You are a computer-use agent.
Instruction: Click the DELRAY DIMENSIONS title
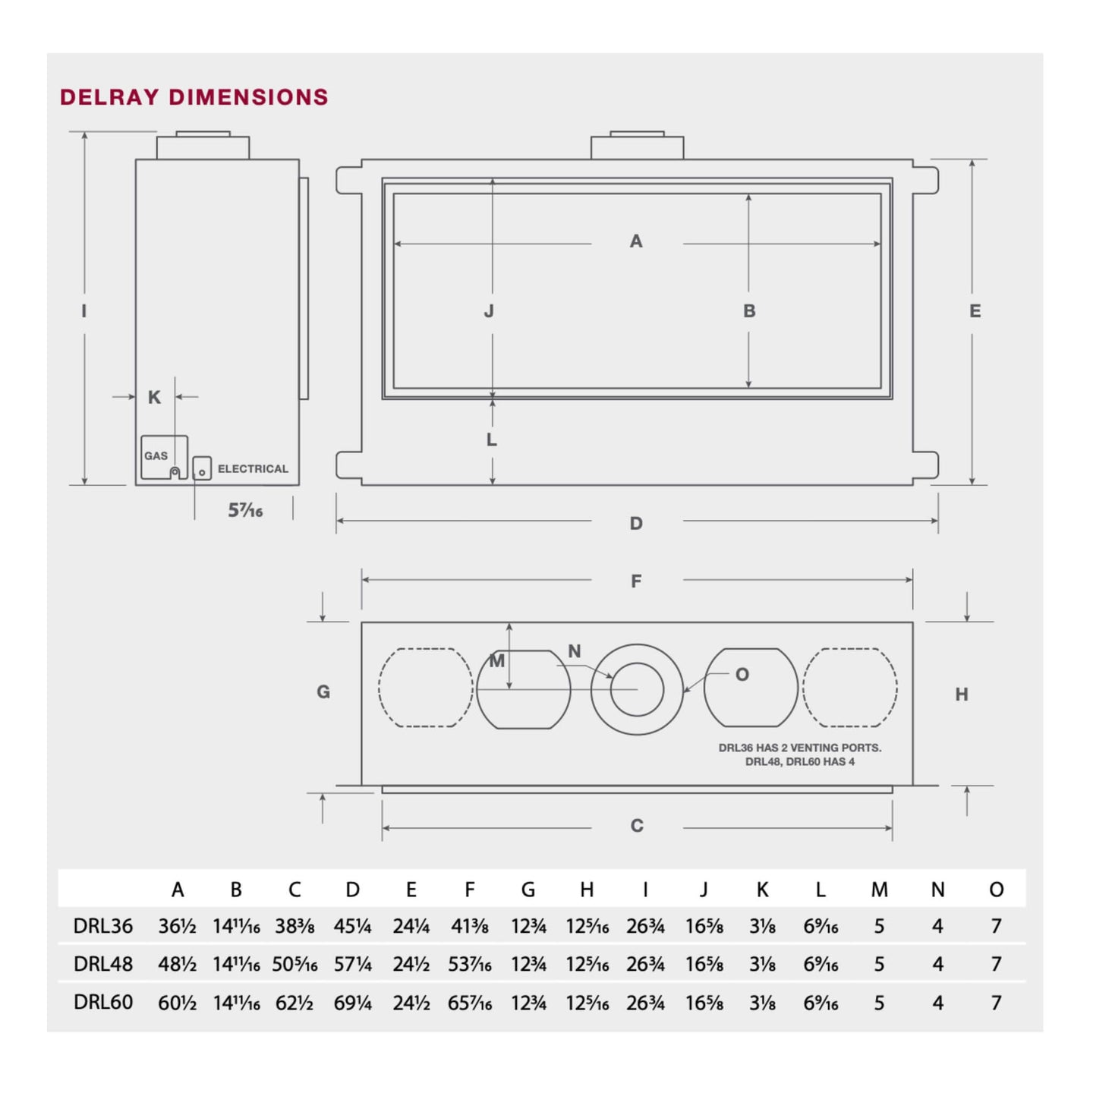point(194,97)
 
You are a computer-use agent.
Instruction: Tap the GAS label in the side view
point(156,456)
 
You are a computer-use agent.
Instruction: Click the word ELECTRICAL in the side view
point(253,469)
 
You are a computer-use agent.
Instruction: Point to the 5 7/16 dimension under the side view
point(245,511)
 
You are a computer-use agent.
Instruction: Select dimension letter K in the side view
point(154,398)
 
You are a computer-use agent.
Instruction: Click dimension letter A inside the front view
point(636,241)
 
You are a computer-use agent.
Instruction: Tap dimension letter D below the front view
point(636,524)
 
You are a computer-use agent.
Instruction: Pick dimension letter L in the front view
point(491,439)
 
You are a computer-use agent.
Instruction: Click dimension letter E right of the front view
point(975,311)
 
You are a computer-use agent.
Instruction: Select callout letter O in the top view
point(742,675)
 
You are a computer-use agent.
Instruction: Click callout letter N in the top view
point(574,651)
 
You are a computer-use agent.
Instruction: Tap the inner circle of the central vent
point(637,690)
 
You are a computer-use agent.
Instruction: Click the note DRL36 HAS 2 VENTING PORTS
point(800,748)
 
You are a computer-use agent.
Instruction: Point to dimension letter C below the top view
point(637,826)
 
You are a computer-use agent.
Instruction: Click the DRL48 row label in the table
point(102,964)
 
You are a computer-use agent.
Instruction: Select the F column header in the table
point(470,890)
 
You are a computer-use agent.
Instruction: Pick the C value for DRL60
point(294,1003)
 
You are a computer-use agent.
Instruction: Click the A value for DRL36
point(177,926)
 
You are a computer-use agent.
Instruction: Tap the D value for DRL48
point(352,964)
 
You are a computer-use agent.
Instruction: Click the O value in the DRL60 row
point(996,1003)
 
